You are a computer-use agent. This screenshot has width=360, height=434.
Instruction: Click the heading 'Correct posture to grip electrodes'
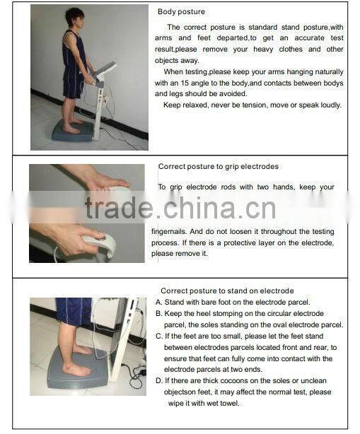pos(218,167)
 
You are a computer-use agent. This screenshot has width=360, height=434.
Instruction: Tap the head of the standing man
pos(74,18)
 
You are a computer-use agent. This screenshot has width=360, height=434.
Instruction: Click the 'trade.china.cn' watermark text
pos(180,209)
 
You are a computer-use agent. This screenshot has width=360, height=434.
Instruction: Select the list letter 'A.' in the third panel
pos(159,302)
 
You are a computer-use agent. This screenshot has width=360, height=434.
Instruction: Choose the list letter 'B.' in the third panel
pos(159,313)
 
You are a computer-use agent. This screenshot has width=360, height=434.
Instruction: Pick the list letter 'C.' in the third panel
pos(159,336)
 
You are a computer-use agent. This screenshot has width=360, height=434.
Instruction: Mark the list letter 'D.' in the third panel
pos(159,381)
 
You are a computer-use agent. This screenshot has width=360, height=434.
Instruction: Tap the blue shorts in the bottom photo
pos(74,310)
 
